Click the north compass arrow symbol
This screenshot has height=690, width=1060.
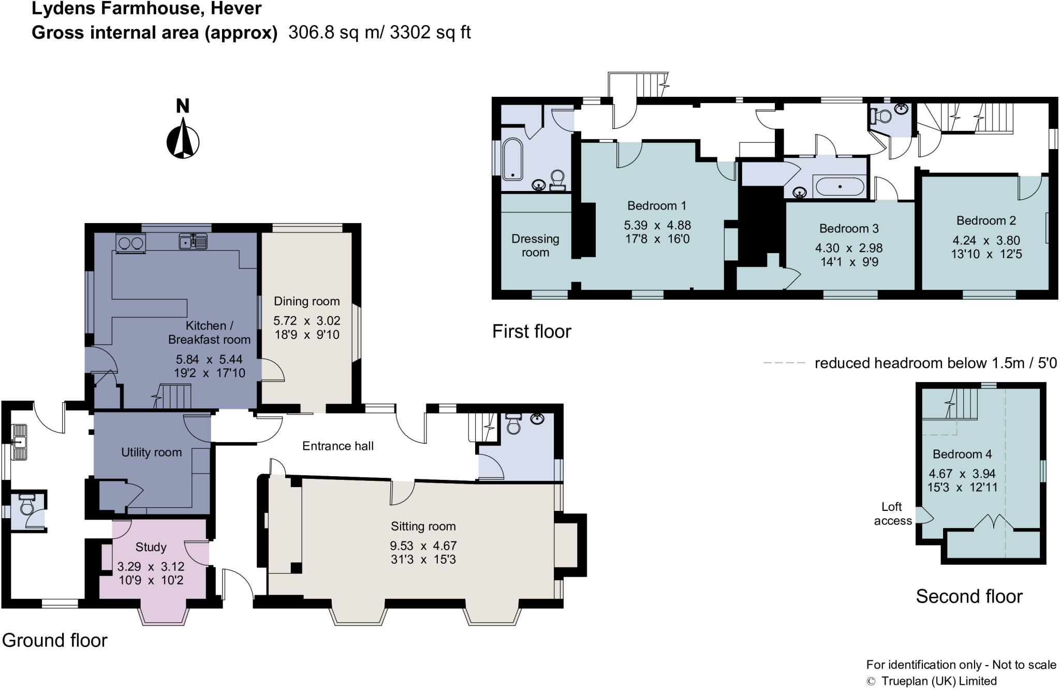coord(183,138)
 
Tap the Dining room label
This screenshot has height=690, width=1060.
coord(307,301)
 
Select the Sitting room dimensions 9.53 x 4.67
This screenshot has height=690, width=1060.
coord(423,546)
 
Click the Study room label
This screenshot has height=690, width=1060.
coord(151,547)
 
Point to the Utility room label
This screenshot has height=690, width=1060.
coord(152,452)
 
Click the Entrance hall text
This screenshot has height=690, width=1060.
coord(338,446)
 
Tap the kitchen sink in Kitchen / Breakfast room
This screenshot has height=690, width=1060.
coord(193,242)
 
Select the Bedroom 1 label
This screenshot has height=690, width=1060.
coord(657,206)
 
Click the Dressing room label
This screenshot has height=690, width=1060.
coord(535,246)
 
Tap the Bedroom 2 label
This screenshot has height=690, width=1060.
coord(986,221)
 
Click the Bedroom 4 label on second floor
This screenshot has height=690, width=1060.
coord(962,454)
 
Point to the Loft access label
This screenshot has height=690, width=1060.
coord(892,514)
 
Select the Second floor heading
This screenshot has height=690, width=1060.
coord(969,596)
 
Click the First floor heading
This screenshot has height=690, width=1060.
coord(532,331)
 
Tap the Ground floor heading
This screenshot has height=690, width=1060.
coord(54,640)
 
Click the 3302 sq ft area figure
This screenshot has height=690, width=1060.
coord(430,33)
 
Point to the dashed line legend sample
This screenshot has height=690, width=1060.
coord(784,363)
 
